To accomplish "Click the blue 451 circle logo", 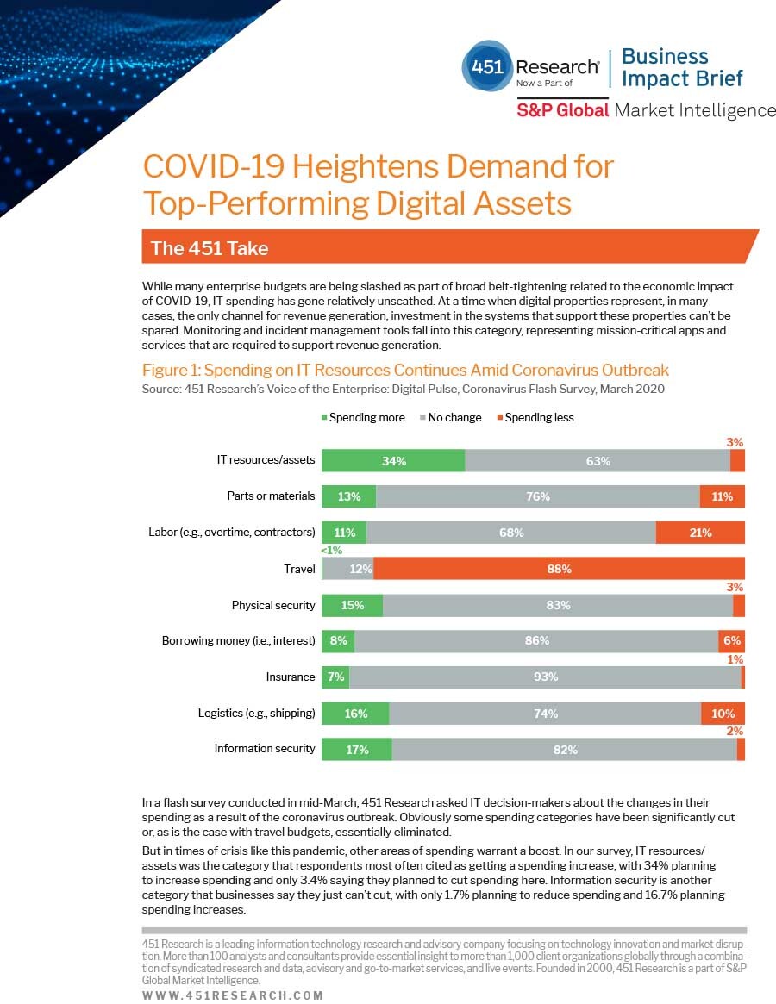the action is (x=488, y=66).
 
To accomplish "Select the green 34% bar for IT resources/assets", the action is (x=393, y=461).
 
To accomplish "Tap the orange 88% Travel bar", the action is (x=559, y=569).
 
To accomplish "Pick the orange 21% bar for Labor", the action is (x=700, y=533).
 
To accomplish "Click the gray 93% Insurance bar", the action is (x=545, y=677).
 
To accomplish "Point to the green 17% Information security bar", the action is (x=357, y=749).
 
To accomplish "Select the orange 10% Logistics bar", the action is (x=723, y=714).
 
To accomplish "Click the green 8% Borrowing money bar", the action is (x=338, y=641).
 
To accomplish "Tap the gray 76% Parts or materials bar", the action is (x=538, y=496).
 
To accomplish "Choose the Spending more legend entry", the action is (x=363, y=417).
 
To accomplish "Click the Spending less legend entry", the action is (x=535, y=417).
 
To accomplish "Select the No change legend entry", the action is (x=450, y=417).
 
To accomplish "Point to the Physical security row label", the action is (x=273, y=605).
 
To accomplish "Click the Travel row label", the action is (x=299, y=569).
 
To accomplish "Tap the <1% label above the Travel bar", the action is (x=332, y=550).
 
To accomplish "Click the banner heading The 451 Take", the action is (x=210, y=248).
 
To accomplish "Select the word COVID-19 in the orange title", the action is (x=213, y=166).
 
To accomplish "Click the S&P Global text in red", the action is (x=563, y=110).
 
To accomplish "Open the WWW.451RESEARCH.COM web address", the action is (x=233, y=995).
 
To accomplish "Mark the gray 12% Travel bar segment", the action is (x=348, y=569).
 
